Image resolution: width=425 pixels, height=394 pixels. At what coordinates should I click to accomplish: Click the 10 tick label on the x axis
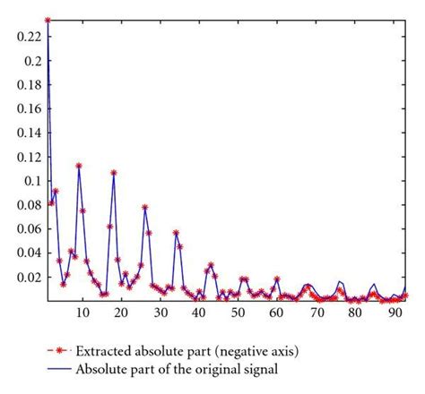[x=82, y=313]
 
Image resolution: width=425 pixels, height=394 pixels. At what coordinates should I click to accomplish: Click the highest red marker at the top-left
[x=48, y=20]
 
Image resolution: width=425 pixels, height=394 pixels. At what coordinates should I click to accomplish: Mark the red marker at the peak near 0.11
[x=79, y=166]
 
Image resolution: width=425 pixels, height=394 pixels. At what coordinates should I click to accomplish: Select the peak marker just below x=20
[x=114, y=172]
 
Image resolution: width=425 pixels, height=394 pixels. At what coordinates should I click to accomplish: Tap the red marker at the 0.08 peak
[x=145, y=207]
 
